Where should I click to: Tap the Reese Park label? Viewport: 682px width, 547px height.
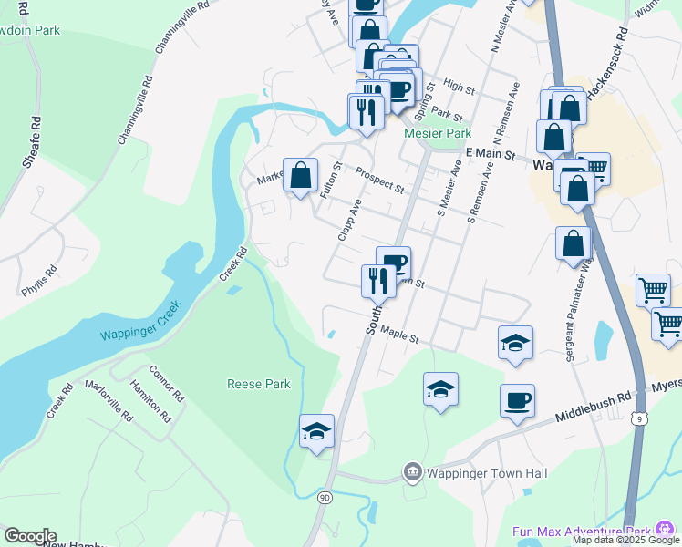point(259,384)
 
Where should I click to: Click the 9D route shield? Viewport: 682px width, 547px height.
point(325,498)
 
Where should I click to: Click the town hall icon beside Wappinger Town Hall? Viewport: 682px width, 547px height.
point(412,472)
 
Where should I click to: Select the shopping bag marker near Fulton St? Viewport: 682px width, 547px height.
point(300,174)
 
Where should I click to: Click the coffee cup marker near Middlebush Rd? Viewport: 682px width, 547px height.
point(517,401)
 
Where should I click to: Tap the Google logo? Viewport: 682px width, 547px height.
point(29,536)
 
